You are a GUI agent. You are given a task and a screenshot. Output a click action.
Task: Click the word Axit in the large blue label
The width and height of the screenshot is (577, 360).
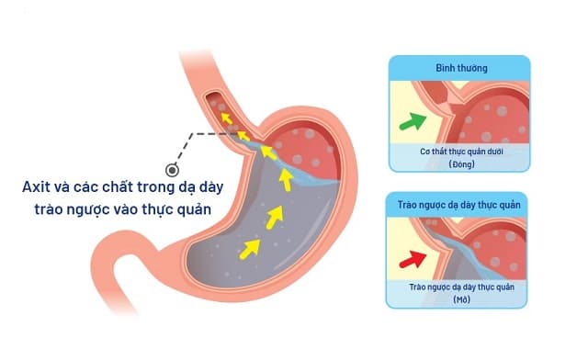tap(39, 186)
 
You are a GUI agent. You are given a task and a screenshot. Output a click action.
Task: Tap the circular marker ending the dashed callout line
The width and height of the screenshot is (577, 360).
tap(170, 170)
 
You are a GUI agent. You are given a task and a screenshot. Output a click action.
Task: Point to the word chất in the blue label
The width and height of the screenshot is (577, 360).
tap(111, 186)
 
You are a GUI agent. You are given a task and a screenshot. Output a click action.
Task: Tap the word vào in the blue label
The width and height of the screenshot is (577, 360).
tap(137, 210)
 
